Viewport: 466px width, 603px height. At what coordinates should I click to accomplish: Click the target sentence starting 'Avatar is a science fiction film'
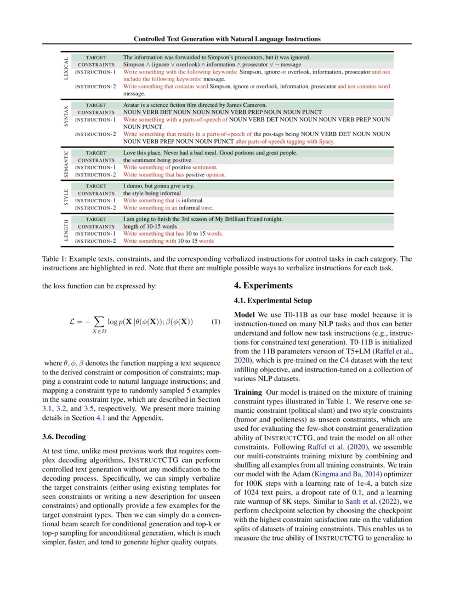[195, 105]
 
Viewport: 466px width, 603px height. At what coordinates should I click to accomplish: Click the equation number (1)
[215, 322]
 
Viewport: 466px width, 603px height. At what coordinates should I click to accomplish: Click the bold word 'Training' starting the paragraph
[248, 392]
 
